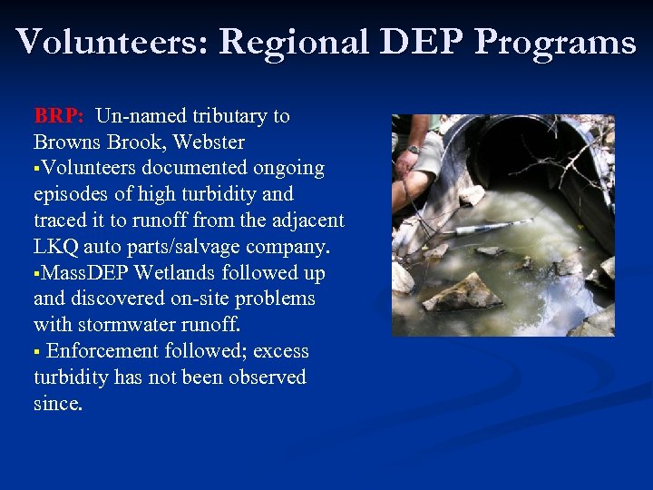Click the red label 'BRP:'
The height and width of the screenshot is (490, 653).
(59, 116)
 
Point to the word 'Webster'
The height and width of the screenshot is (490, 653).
(210, 142)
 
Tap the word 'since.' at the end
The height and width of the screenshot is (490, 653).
(58, 404)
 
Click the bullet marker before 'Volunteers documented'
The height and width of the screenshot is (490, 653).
(36, 169)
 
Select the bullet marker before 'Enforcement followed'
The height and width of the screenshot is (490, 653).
(36, 352)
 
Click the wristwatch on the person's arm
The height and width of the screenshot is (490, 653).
(414, 148)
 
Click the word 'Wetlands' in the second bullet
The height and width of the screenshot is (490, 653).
(173, 273)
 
